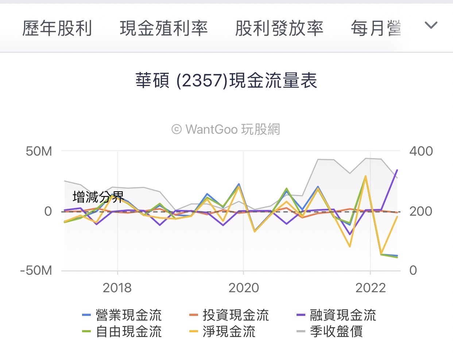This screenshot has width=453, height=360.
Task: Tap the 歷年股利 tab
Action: [57, 28]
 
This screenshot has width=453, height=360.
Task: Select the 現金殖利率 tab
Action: [164, 28]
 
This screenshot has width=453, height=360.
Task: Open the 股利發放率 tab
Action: [279, 28]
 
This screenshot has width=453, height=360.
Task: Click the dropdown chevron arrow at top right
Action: [431, 26]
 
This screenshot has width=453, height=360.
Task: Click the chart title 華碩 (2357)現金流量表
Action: [226, 81]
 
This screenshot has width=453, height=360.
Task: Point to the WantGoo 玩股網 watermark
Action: [226, 129]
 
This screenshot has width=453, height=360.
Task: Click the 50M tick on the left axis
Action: [39, 151]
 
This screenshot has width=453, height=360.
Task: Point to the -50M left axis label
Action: [36, 270]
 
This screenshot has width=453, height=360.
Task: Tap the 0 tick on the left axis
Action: [48, 211]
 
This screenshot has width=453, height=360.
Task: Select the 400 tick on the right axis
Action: [421, 151]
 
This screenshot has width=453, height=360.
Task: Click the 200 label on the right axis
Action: [421, 211]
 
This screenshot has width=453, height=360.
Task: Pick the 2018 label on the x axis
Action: [117, 288]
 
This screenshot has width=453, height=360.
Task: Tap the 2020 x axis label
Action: [244, 288]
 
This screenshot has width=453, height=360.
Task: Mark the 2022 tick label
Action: [371, 288]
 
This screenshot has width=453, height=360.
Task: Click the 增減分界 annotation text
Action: [98, 197]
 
